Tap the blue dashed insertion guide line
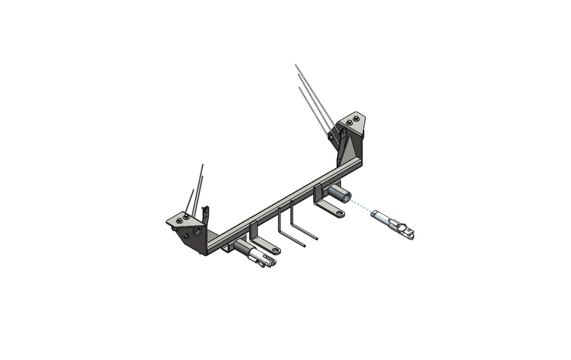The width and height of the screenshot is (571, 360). point(361,206)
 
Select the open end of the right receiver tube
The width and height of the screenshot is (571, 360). point(346,198)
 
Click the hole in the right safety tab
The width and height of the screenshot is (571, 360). point(339,213)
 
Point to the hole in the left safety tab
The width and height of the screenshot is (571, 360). point(275,250)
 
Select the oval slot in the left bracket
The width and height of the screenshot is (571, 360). point(198,230)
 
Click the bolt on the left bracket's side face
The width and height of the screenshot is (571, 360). point(186,236)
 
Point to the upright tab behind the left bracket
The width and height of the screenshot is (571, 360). point(206,214)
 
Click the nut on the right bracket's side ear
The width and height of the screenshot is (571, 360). point(331,137)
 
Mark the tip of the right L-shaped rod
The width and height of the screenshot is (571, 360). point(317,239)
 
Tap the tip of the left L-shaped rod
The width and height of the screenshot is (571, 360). point(304,246)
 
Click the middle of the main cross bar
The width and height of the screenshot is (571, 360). point(283,204)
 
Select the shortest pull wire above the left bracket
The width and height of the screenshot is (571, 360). point(189,201)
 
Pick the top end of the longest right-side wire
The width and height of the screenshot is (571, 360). point(296,65)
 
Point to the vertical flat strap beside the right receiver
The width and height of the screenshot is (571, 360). point(317,194)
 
